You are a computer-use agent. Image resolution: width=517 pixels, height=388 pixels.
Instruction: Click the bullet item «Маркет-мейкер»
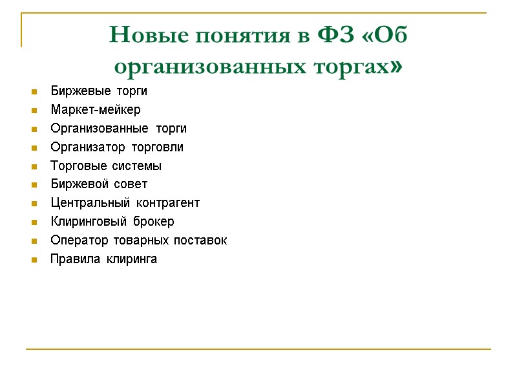(96, 110)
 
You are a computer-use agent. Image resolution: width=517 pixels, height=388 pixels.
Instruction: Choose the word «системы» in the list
(137, 166)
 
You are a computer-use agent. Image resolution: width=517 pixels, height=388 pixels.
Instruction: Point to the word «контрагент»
(167, 203)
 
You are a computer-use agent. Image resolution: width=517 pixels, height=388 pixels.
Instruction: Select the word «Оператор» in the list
(74, 241)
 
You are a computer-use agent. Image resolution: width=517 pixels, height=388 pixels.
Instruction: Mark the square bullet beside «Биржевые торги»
(34, 92)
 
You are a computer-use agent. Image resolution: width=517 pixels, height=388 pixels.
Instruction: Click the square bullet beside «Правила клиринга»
(34, 260)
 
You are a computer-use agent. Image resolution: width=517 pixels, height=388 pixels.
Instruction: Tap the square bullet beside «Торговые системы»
(34, 167)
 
